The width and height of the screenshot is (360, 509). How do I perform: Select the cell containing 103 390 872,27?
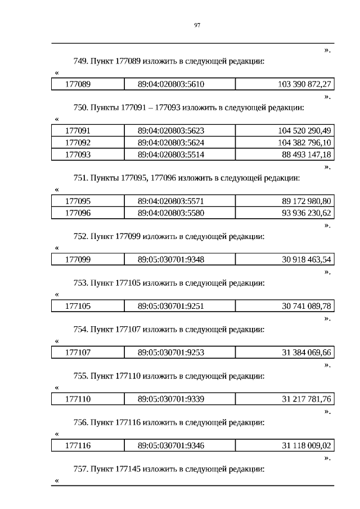tap(304, 84)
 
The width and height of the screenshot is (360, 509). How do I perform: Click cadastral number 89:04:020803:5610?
tap(171, 84)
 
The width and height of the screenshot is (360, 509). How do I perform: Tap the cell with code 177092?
tap(78, 142)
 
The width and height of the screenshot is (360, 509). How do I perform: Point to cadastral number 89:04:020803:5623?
tap(171, 130)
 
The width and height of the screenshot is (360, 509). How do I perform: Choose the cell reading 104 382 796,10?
tap(304, 142)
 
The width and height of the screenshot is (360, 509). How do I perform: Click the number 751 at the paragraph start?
tap(80, 178)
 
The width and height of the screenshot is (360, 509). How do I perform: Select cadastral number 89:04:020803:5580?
tap(171, 213)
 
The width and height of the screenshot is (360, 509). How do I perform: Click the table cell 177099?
tap(78, 259)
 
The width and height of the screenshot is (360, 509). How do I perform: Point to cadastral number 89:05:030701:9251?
tap(171, 306)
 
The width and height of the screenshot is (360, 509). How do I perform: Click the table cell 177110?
tap(78, 399)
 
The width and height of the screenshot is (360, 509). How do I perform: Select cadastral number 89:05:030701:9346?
tap(171, 446)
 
